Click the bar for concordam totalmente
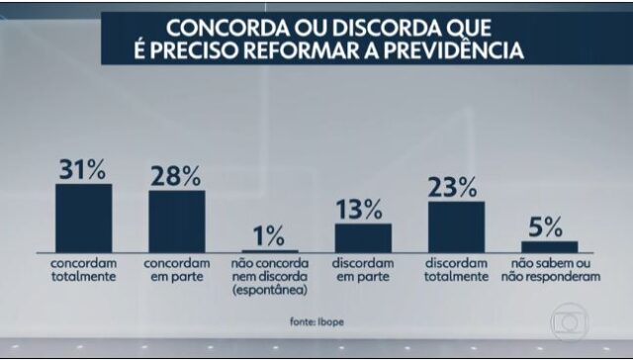tap(83, 219)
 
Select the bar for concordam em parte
tap(176, 223)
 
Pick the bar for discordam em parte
tap(363, 238)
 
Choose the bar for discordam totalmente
tap(456, 227)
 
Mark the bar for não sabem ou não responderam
tap(549, 247)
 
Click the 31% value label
tap(83, 169)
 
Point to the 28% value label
tap(176, 176)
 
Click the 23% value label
tap(456, 187)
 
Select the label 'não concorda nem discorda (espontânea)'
tap(270, 278)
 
